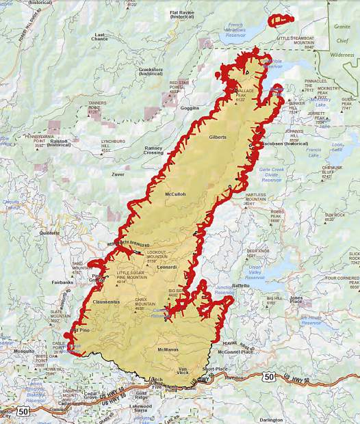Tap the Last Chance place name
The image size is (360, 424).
(100, 37)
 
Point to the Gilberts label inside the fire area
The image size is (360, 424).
(218, 137)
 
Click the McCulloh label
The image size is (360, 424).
(175, 194)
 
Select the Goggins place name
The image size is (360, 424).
(190, 107)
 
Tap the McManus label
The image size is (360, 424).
(168, 349)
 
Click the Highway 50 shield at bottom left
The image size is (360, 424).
(24, 411)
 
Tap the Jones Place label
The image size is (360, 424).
(296, 299)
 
